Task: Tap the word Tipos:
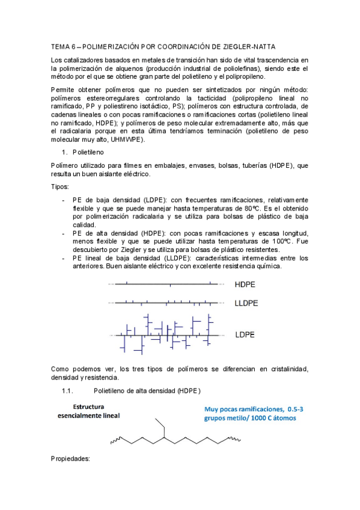coord(61,187)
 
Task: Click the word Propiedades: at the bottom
coord(70,458)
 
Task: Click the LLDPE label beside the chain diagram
coord(246,304)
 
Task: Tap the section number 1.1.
coord(67,392)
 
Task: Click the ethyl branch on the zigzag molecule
coord(161,428)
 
